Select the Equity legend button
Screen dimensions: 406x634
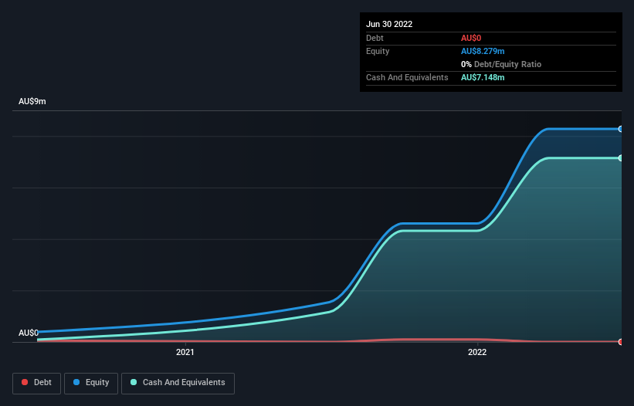[x=92, y=383]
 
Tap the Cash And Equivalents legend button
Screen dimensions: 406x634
[x=178, y=383]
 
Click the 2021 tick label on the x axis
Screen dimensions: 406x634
[x=185, y=353]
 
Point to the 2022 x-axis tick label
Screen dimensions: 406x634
[x=477, y=353]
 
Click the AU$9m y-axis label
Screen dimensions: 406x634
[x=32, y=102]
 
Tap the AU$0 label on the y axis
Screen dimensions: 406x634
[x=29, y=333]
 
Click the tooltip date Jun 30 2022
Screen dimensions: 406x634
[x=389, y=24]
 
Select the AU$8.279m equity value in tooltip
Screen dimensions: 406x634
[x=483, y=51]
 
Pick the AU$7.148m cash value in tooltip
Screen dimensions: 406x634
[x=483, y=78]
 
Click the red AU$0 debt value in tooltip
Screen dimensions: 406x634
[x=472, y=38]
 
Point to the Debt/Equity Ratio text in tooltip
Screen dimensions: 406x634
[x=506, y=64]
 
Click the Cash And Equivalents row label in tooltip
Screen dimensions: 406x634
[x=407, y=78]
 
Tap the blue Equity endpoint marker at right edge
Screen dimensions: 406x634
[x=621, y=129]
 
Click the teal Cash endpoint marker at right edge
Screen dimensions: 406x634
[x=621, y=158]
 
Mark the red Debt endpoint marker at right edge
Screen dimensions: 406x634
[x=621, y=341]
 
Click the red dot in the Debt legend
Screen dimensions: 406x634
[x=25, y=383]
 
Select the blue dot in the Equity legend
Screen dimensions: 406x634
[x=76, y=383]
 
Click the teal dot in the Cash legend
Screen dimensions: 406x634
[x=134, y=383]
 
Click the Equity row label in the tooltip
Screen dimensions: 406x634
[x=378, y=51]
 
